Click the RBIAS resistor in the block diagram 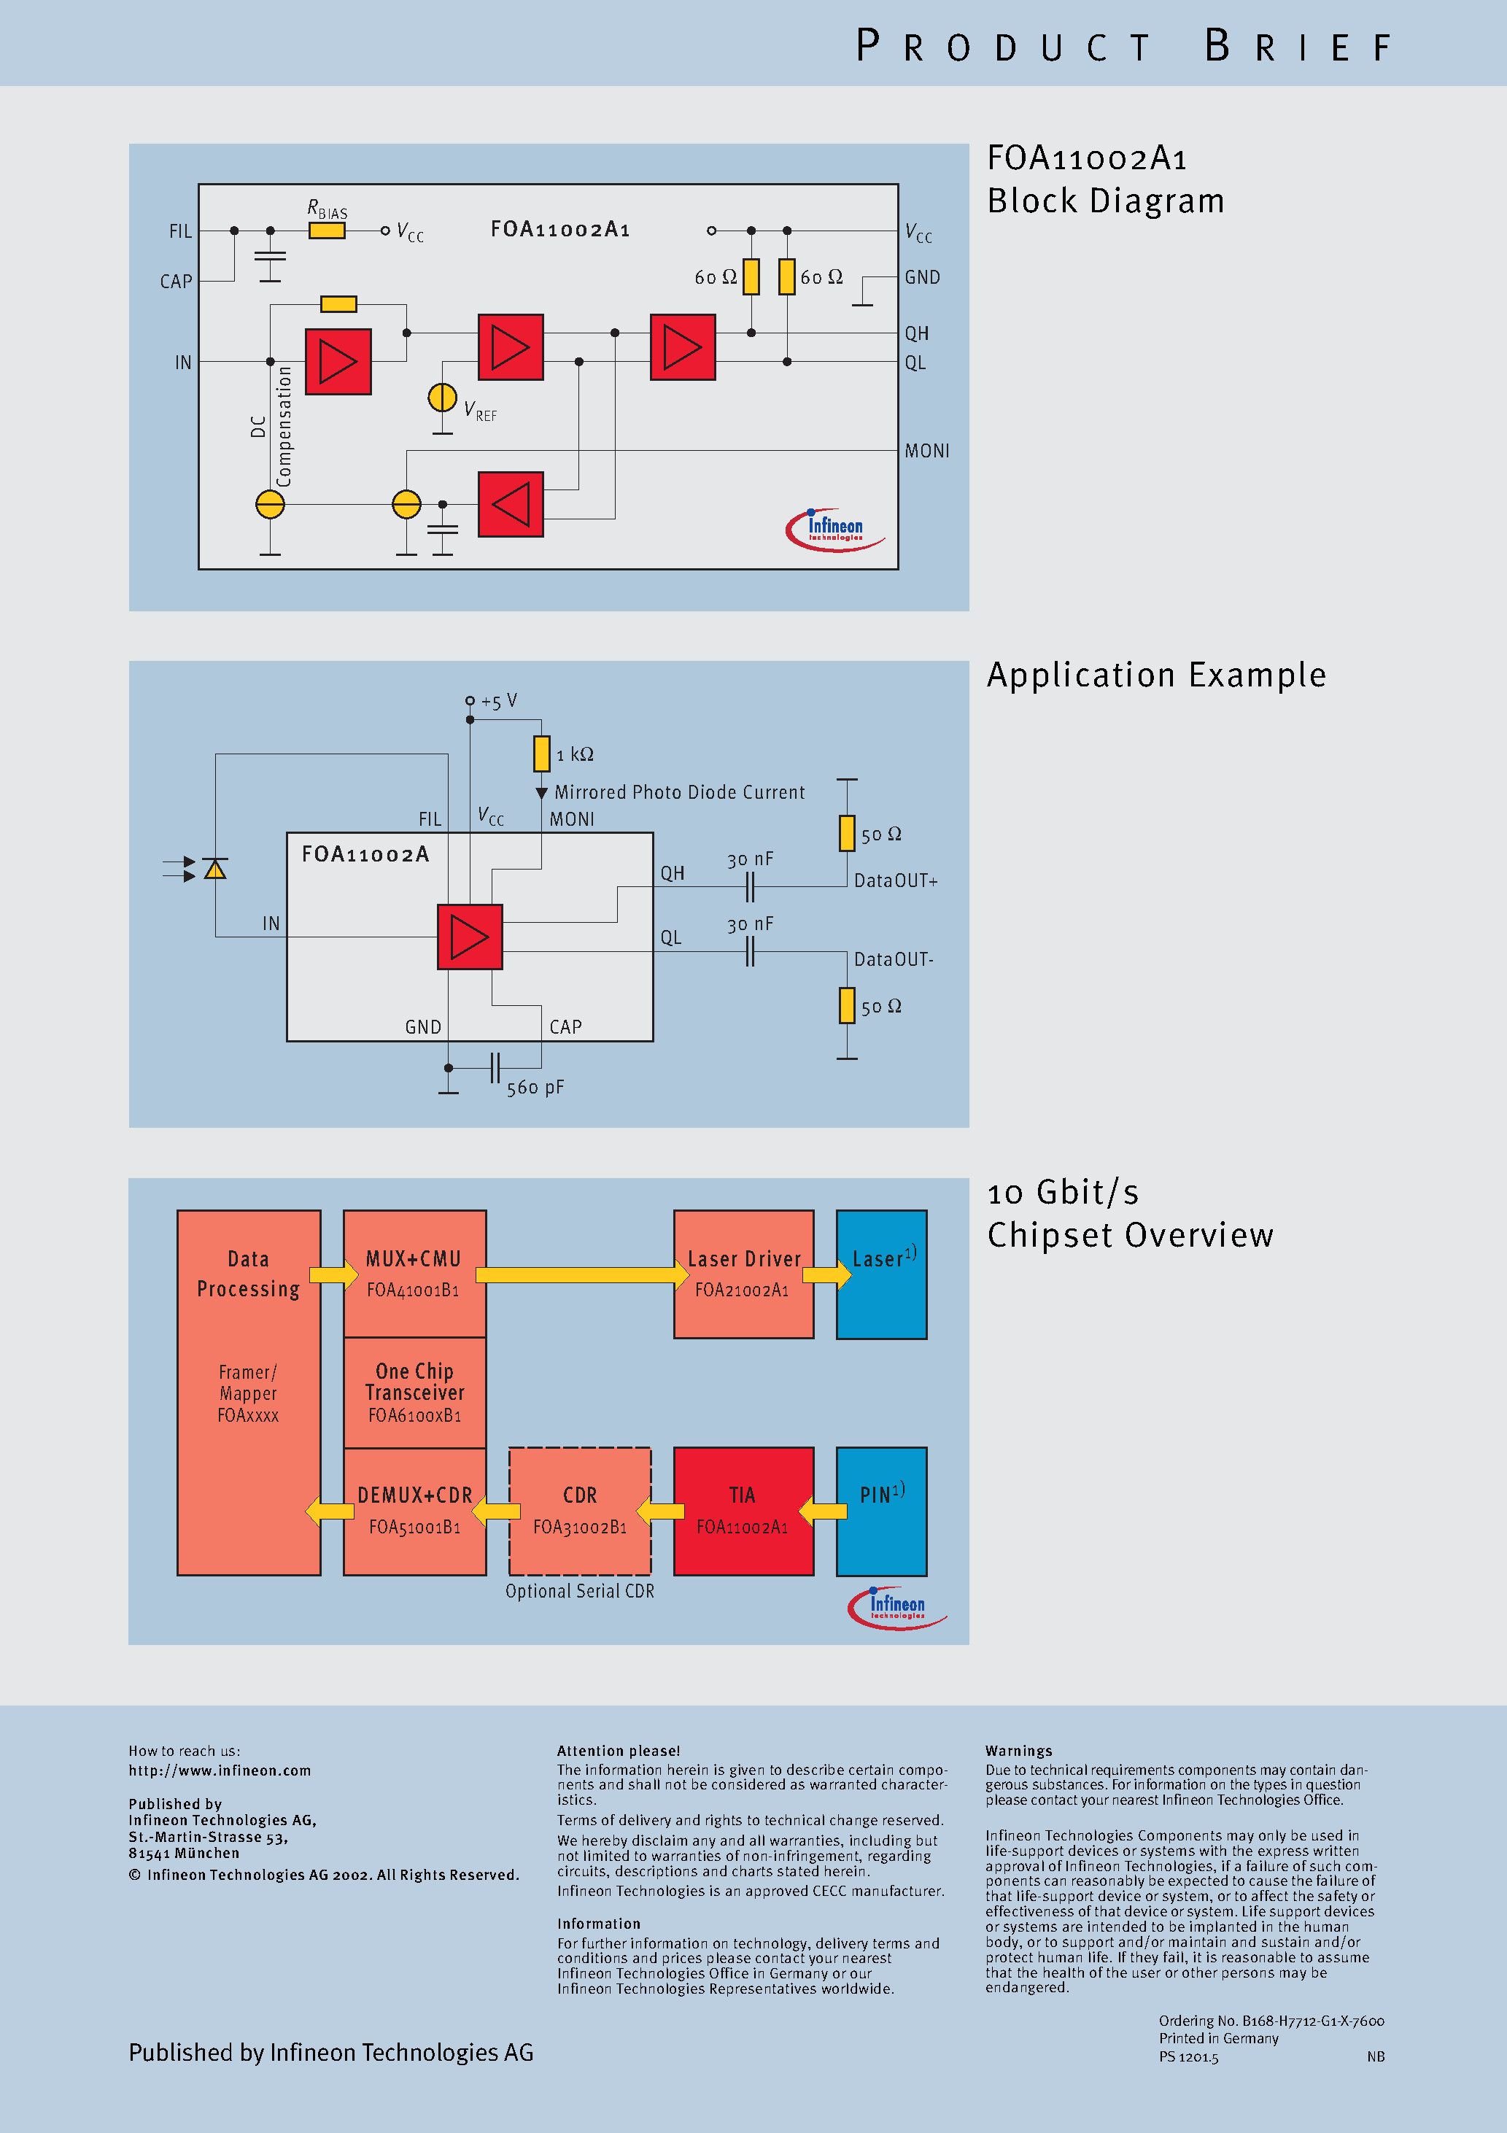pyautogui.click(x=327, y=231)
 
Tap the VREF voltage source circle pyautogui.click(x=442, y=398)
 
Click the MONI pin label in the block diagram pyautogui.click(x=926, y=452)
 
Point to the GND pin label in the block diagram pyautogui.click(x=922, y=278)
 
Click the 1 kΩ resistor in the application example pyautogui.click(x=542, y=754)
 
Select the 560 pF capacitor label pyautogui.click(x=535, y=1088)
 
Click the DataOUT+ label pyautogui.click(x=896, y=880)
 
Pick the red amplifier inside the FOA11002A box pyautogui.click(x=470, y=937)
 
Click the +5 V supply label pyautogui.click(x=499, y=702)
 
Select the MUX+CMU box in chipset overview pyautogui.click(x=414, y=1273)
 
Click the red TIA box pyautogui.click(x=743, y=1511)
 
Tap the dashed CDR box pyautogui.click(x=580, y=1511)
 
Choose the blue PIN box pyautogui.click(x=881, y=1511)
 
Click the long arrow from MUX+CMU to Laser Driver pyautogui.click(x=581, y=1274)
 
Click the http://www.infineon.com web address pyautogui.click(x=220, y=1770)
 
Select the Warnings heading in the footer pyautogui.click(x=1018, y=1750)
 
